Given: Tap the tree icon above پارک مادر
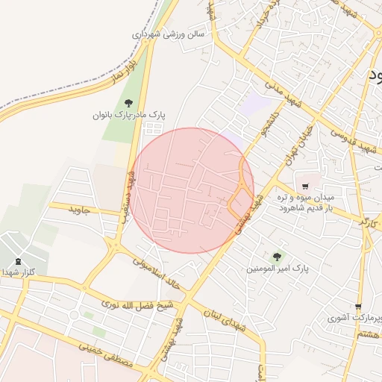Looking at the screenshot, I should tap(128, 103).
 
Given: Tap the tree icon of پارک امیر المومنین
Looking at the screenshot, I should tap(278, 256).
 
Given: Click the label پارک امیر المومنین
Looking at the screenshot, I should tap(280, 267).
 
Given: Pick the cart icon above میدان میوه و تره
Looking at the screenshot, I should tap(305, 185).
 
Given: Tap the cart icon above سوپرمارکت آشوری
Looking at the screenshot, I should tap(359, 307).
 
